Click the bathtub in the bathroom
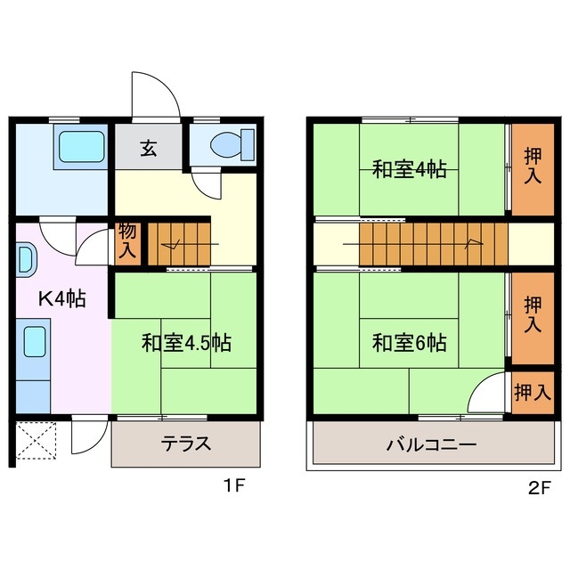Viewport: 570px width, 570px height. [x=81, y=146]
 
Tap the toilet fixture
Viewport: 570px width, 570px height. [x=233, y=144]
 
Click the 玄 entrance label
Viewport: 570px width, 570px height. [x=148, y=148]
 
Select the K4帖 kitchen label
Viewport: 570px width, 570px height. [x=61, y=299]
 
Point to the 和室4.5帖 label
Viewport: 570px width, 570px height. [x=186, y=343]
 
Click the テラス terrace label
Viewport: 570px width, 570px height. [x=186, y=443]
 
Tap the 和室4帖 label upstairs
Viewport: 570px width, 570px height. [x=409, y=168]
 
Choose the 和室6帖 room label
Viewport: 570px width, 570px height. [x=409, y=342]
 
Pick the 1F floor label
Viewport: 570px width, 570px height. [x=233, y=486]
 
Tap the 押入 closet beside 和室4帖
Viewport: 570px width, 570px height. [x=532, y=167]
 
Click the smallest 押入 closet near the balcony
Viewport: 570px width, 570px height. [x=532, y=392]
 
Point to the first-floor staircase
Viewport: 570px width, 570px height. [x=181, y=244]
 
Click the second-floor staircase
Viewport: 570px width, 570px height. [x=432, y=244]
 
